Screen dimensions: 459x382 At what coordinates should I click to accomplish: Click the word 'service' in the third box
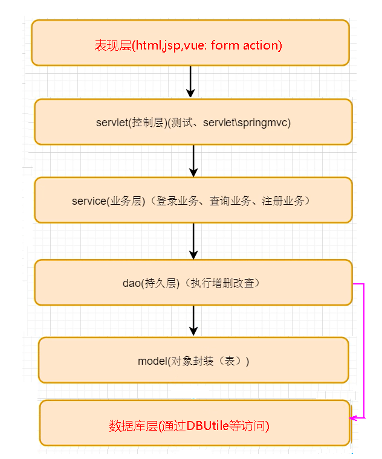[x=88, y=201]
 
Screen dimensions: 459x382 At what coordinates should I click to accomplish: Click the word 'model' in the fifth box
[x=152, y=361]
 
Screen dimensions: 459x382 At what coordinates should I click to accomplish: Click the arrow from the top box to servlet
[x=190, y=82]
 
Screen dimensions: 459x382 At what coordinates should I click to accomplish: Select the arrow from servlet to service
[x=193, y=161]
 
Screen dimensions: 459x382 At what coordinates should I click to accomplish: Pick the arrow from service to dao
[x=193, y=241]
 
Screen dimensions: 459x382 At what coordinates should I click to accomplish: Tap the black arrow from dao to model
[x=193, y=320]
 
